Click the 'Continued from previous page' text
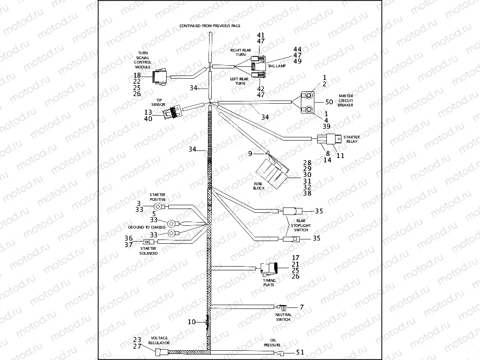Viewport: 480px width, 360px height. click(x=210, y=26)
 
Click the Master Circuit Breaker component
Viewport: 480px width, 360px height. click(x=308, y=102)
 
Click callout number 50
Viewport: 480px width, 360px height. click(x=329, y=102)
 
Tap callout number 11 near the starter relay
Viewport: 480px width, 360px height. click(x=341, y=155)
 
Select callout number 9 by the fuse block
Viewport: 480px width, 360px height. click(x=250, y=154)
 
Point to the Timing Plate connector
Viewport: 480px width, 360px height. click(x=269, y=268)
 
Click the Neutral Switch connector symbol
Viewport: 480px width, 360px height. click(x=282, y=308)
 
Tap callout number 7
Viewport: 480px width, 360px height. click(x=302, y=308)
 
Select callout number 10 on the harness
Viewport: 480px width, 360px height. click(x=192, y=321)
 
